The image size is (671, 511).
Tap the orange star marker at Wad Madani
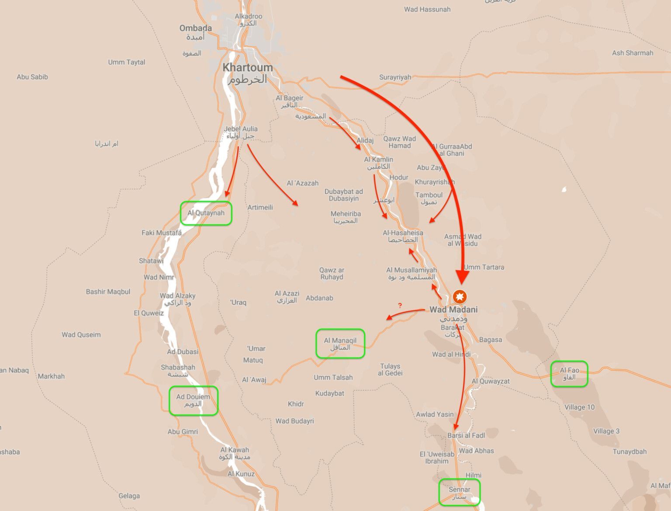[460, 297]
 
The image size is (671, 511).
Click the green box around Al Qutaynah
[206, 213]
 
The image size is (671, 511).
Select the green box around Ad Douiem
[193, 400]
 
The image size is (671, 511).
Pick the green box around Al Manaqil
[340, 344]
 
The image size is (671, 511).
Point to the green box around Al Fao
[569, 374]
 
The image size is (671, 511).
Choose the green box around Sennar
[459, 493]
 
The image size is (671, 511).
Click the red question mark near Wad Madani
[400, 306]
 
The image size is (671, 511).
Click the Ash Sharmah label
[632, 53]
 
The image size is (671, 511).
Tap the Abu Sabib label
[32, 77]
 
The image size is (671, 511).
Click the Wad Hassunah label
[427, 9]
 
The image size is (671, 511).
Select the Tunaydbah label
[629, 452]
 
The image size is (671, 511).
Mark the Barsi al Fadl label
[466, 435]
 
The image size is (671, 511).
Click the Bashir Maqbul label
[108, 292]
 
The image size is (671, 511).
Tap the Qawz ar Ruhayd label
[332, 274]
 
